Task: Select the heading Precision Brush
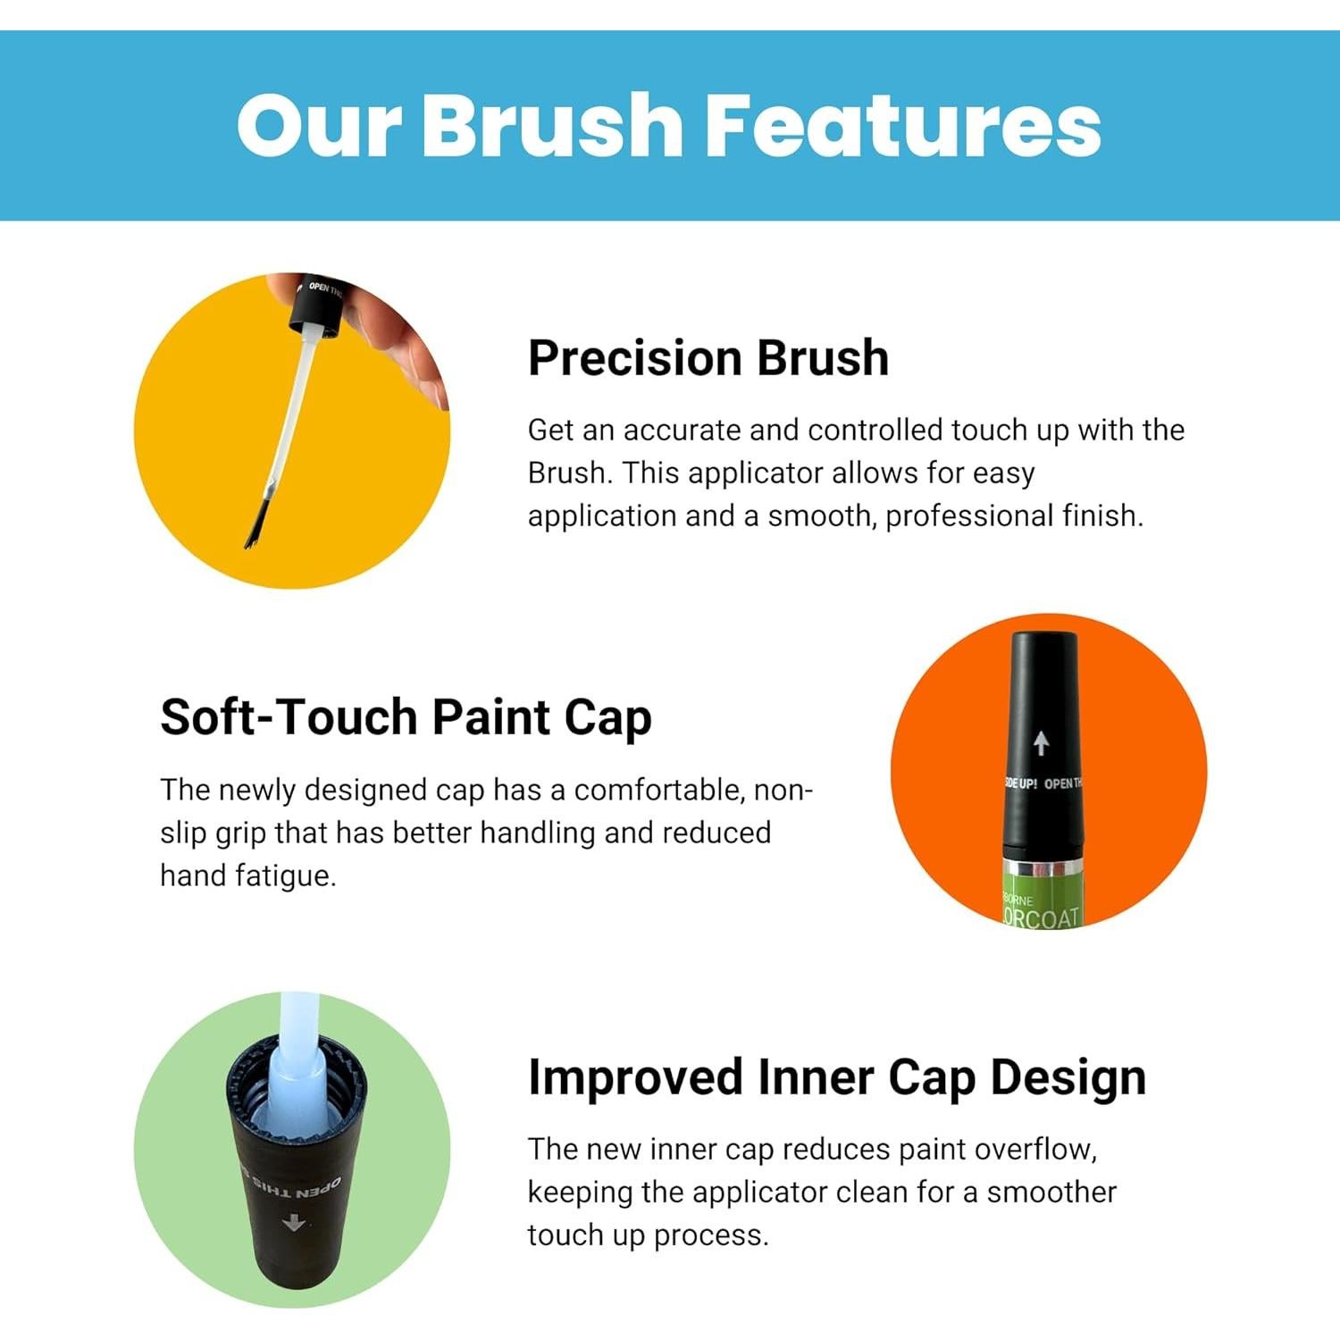point(708,358)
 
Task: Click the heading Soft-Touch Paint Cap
point(406,717)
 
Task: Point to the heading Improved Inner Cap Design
point(836,1077)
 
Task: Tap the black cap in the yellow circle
point(315,306)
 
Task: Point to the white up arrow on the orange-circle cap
point(1041,742)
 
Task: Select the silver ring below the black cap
point(1042,870)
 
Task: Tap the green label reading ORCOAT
point(1042,917)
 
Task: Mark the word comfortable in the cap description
point(659,790)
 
